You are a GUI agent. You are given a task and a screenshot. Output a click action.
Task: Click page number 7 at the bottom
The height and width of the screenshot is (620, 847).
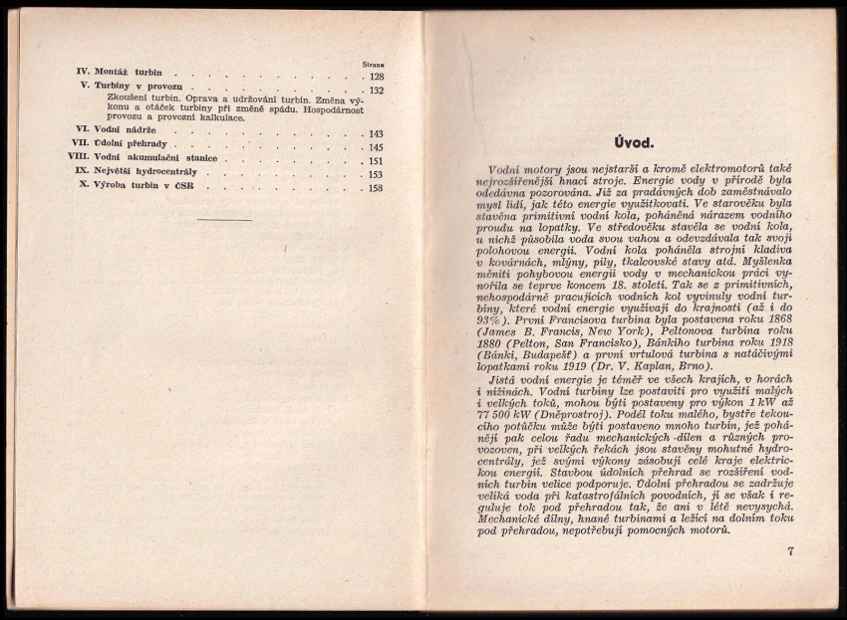(x=789, y=549)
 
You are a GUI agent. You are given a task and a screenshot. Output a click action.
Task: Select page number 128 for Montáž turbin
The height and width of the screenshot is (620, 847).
(x=376, y=77)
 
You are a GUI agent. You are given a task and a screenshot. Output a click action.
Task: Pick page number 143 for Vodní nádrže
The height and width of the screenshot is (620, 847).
(x=376, y=134)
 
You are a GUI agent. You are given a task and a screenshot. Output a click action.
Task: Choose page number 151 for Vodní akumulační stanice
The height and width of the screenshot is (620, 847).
(x=376, y=161)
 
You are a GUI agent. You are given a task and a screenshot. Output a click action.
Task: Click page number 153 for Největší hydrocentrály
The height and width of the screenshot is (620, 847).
(x=376, y=174)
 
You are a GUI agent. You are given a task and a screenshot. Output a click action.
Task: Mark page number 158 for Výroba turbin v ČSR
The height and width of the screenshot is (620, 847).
(x=376, y=188)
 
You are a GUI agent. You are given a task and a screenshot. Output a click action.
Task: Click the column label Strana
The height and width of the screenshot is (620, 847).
(x=373, y=65)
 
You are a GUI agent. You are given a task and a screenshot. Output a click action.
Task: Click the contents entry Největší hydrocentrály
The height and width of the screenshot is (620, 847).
(x=149, y=171)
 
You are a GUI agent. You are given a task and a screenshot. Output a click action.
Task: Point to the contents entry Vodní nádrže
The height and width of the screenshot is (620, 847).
(x=127, y=130)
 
